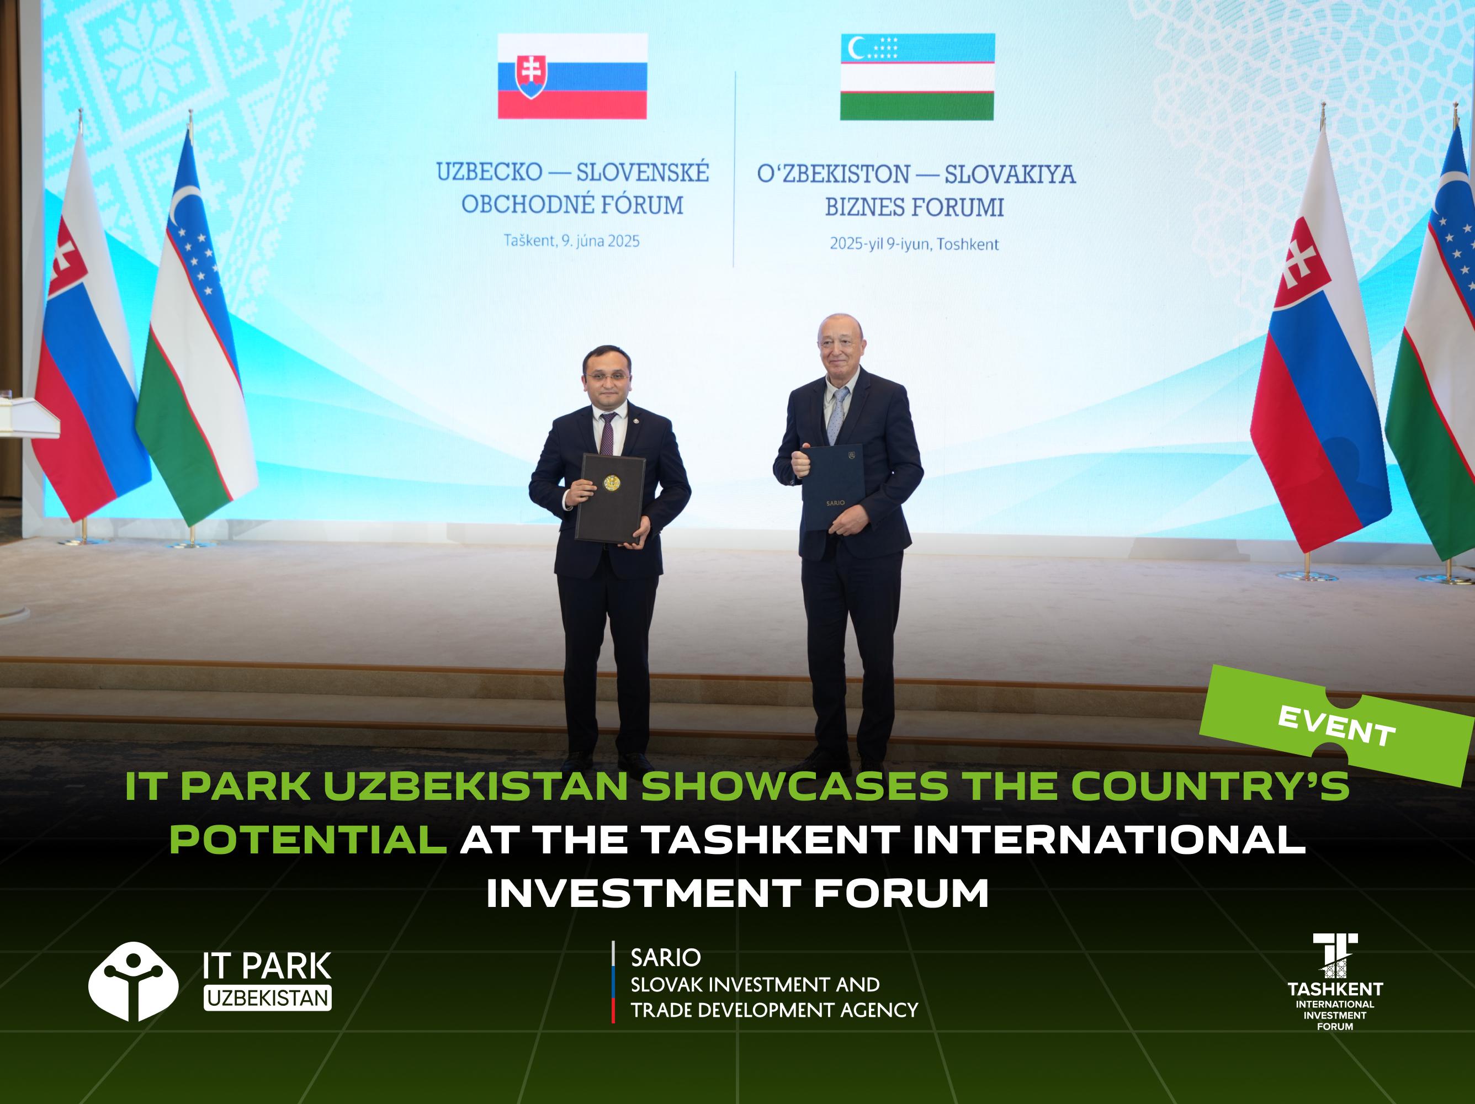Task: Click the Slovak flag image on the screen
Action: click(572, 76)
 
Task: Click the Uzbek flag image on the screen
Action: click(917, 77)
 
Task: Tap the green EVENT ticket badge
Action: click(1336, 725)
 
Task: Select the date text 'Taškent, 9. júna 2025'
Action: click(571, 241)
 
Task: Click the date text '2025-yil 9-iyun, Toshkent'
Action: click(914, 244)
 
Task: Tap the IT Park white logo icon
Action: click(134, 981)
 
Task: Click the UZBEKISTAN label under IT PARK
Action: click(267, 998)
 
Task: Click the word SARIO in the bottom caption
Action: click(666, 958)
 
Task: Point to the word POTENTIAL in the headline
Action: click(308, 840)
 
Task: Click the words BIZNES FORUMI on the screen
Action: click(914, 208)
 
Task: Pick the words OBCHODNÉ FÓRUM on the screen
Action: click(572, 205)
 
